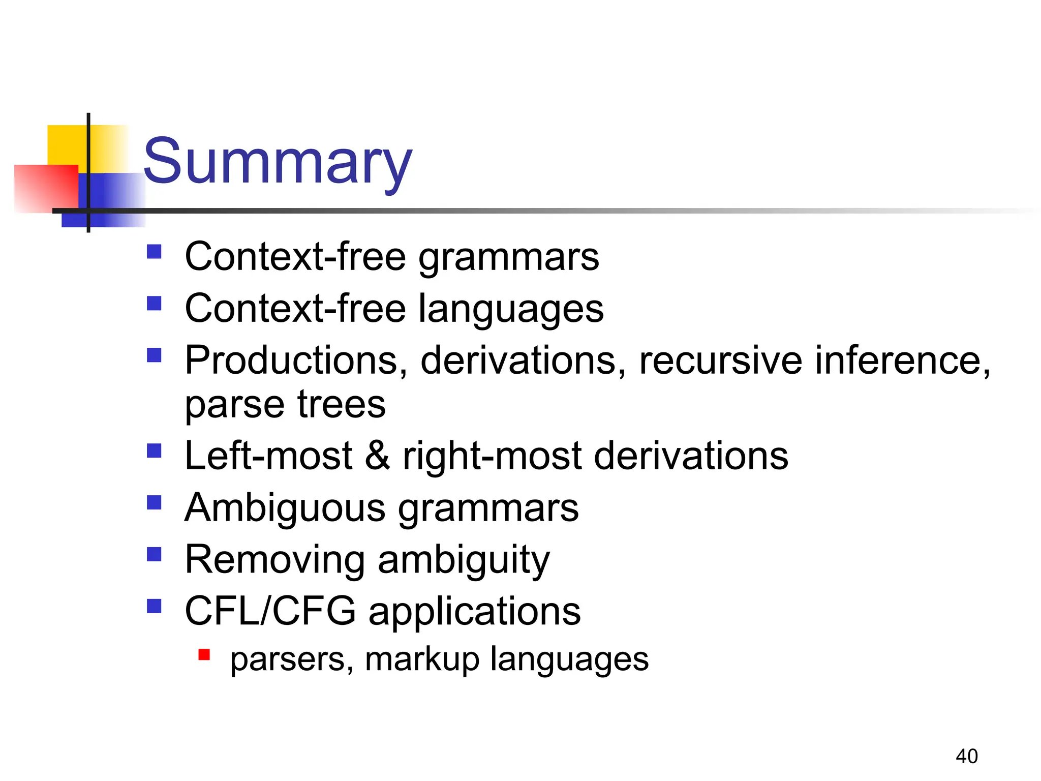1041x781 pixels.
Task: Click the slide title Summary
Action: pyautogui.click(x=278, y=162)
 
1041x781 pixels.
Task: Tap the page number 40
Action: pyautogui.click(x=966, y=756)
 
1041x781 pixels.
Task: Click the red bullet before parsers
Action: pyautogui.click(x=204, y=654)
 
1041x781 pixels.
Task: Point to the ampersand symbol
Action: pyautogui.click(x=377, y=455)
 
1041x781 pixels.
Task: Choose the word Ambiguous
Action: pyautogui.click(x=285, y=507)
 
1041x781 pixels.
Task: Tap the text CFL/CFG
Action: pyautogui.click(x=270, y=611)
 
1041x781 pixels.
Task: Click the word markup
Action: pyautogui.click(x=422, y=659)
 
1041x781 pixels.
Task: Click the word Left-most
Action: pyautogui.click(x=268, y=455)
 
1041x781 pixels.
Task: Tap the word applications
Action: pyautogui.click(x=474, y=612)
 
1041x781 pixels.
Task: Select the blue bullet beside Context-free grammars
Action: pyautogui.click(x=154, y=252)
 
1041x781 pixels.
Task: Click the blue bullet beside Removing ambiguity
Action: pyautogui.click(x=154, y=554)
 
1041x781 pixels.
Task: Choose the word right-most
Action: pyautogui.click(x=492, y=455)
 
